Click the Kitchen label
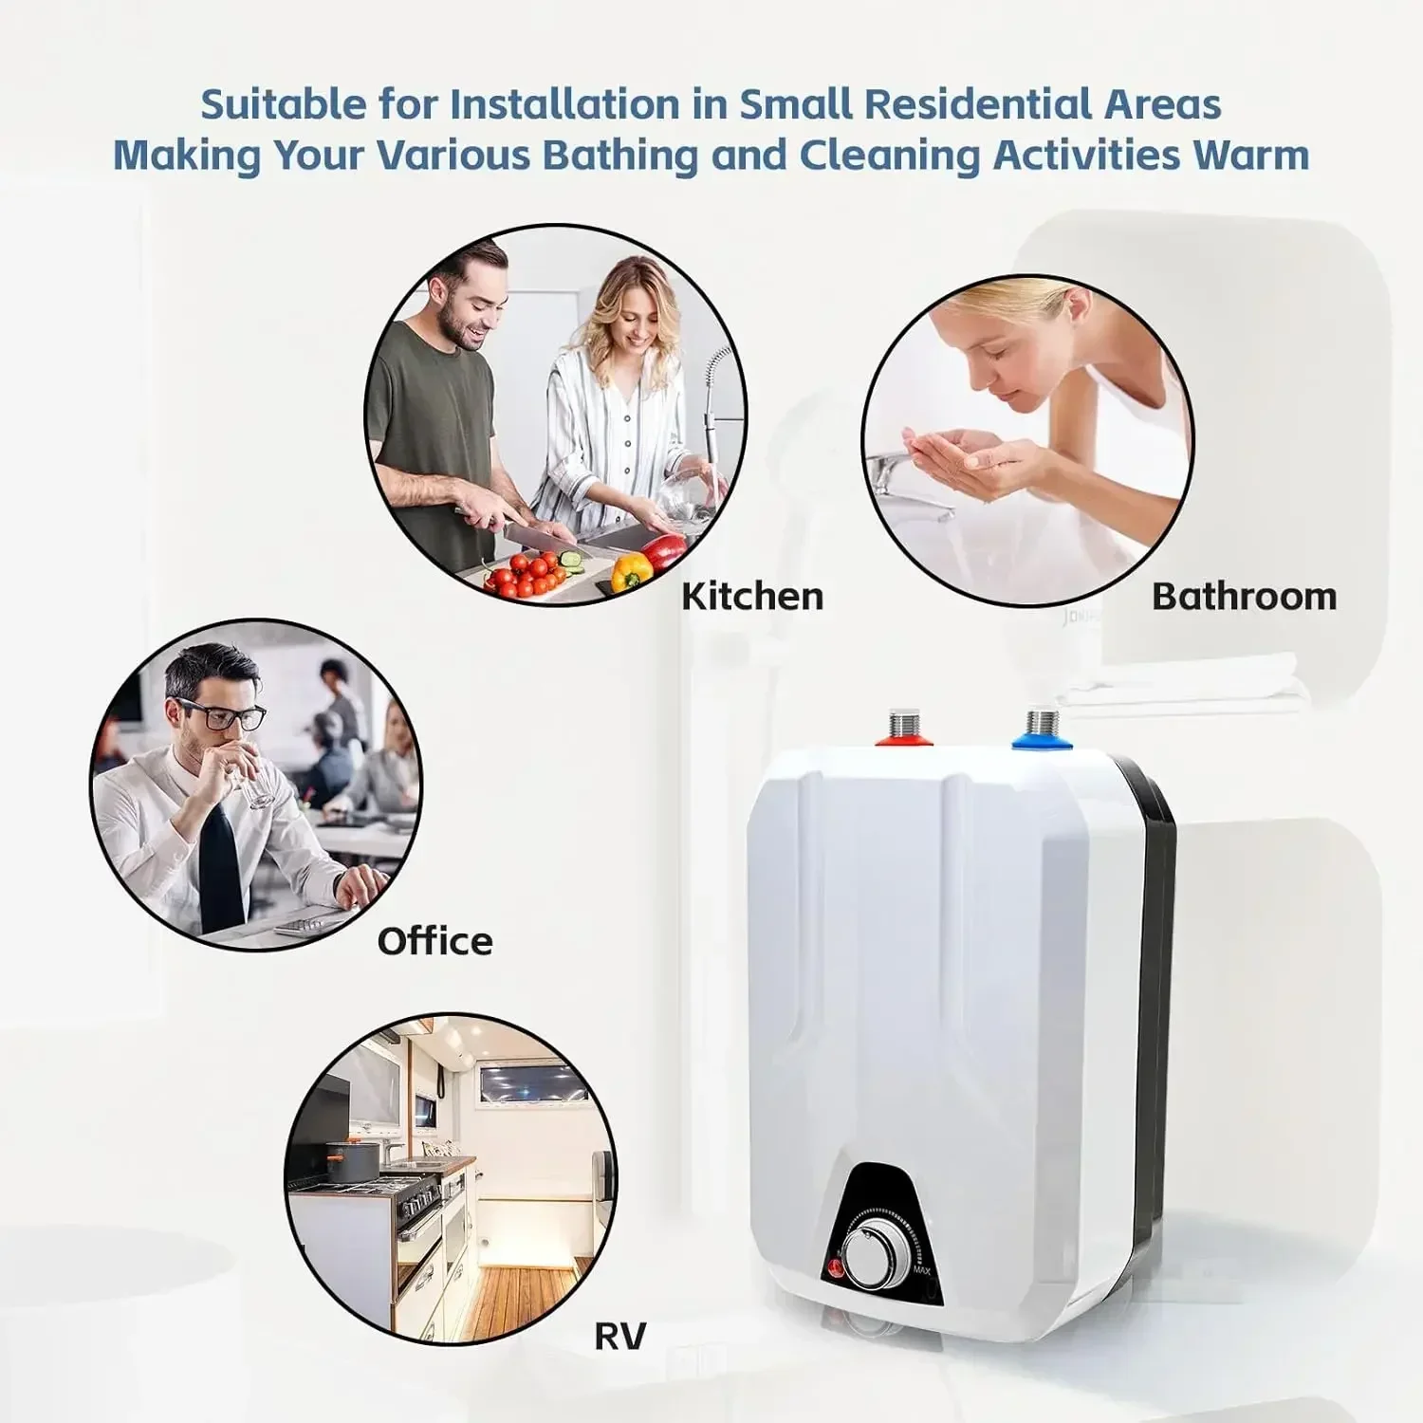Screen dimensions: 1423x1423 (x=752, y=597)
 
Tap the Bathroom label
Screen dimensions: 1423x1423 (x=1244, y=597)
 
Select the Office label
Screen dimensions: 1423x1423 (x=434, y=941)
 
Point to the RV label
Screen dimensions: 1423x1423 (x=619, y=1336)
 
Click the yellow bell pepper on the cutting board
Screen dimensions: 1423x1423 (x=631, y=571)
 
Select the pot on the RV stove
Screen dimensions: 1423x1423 (x=350, y=1163)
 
